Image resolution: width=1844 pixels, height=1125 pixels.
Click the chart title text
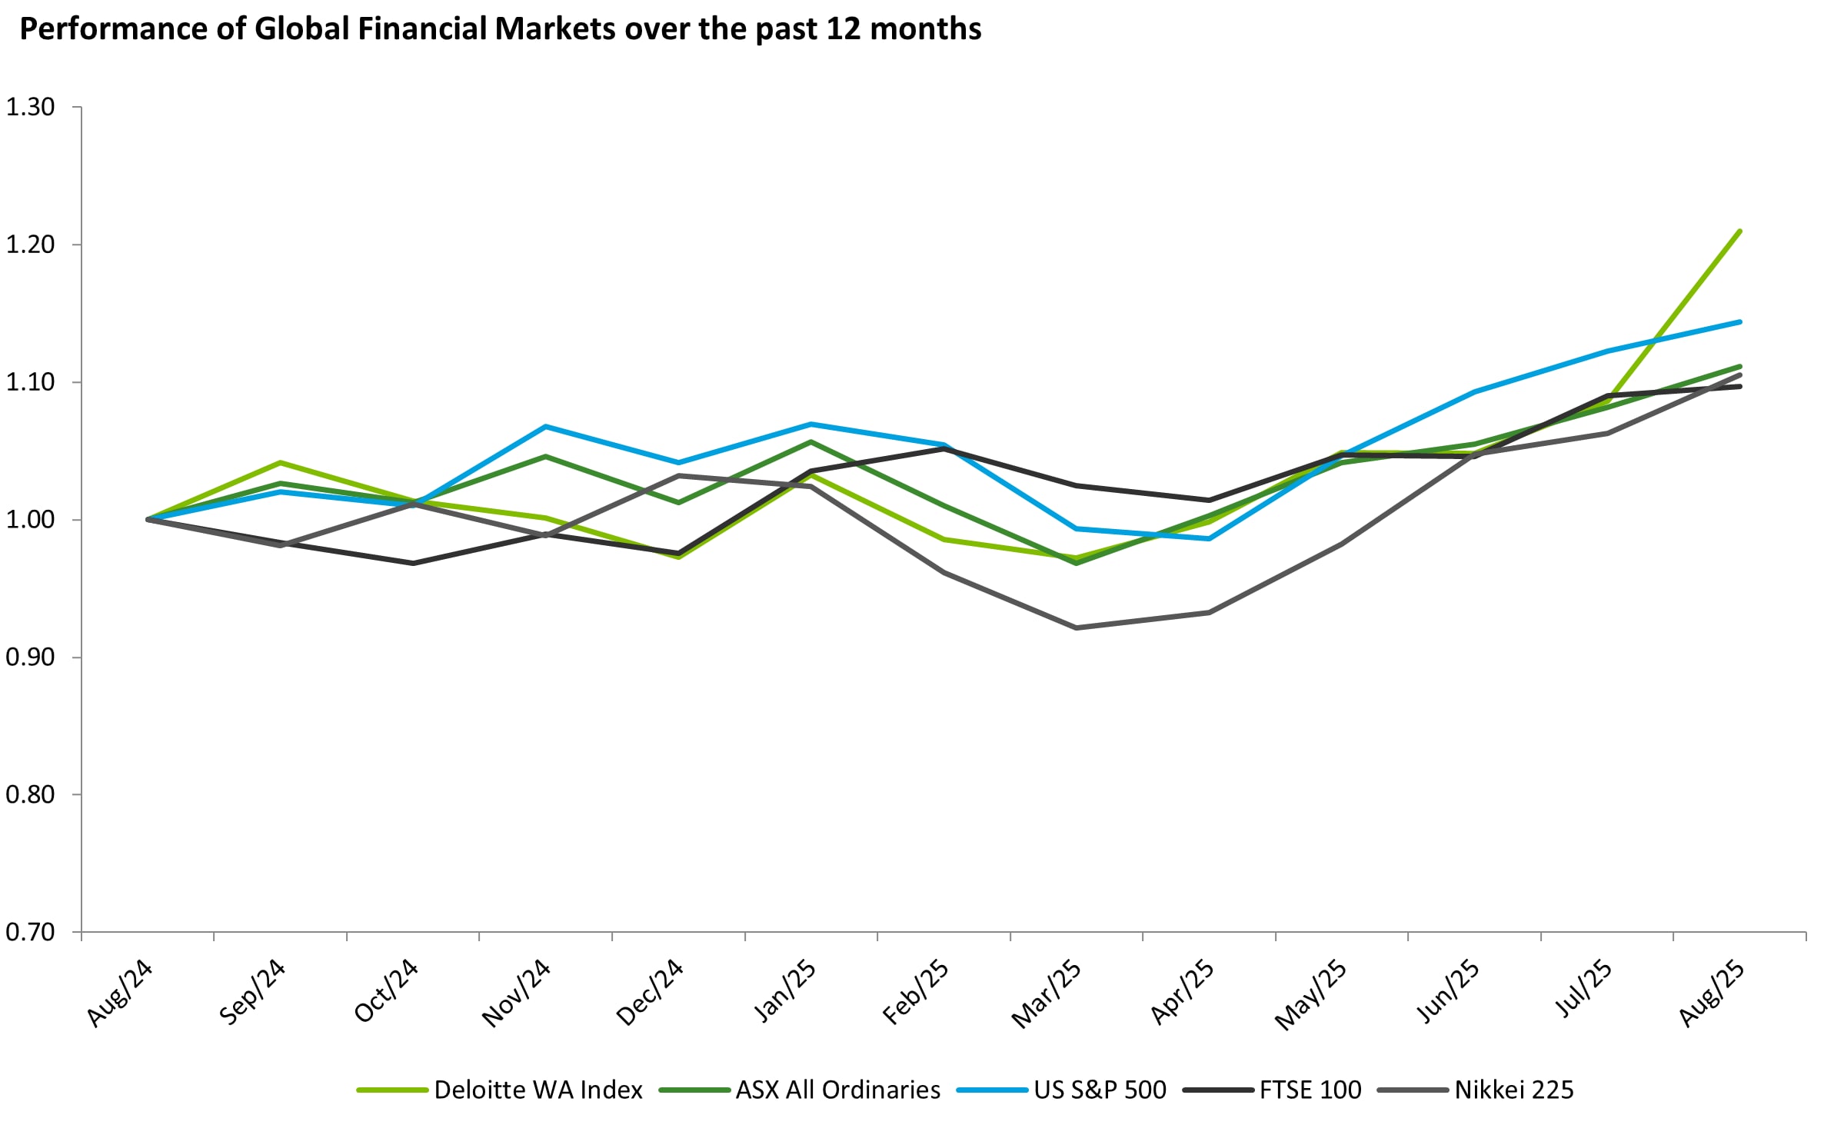coord(500,29)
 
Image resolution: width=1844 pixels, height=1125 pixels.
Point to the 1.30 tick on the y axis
coord(31,107)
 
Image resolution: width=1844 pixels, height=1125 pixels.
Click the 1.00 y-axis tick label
coord(31,520)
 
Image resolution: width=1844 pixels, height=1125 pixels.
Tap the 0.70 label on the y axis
coord(31,932)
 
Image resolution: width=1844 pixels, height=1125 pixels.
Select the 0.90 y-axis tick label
coord(31,657)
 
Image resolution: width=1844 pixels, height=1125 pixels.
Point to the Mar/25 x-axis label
coord(1047,994)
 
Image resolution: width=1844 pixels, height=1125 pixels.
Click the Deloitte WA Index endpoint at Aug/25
coord(1739,231)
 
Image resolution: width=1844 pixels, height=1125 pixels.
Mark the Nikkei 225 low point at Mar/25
coord(1076,628)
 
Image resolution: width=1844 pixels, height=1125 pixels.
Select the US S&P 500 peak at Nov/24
coord(545,426)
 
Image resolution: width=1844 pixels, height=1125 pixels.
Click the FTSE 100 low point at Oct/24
coord(413,564)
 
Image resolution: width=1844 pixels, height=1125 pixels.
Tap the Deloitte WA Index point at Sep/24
coord(280,462)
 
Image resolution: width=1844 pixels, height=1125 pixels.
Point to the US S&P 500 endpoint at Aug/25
coord(1739,321)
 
